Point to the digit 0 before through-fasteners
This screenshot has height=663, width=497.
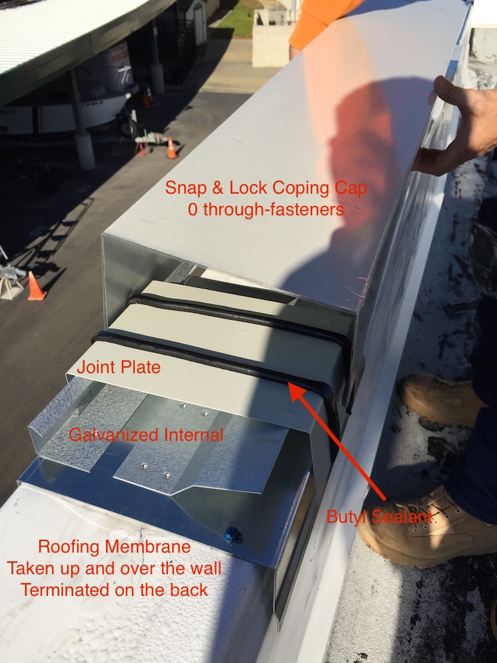tap(193, 209)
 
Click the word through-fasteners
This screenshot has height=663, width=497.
tap(274, 209)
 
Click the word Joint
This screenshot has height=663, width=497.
tap(94, 367)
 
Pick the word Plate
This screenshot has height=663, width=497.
tap(139, 367)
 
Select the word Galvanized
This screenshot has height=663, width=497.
tap(113, 435)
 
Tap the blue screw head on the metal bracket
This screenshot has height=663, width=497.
tap(234, 534)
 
